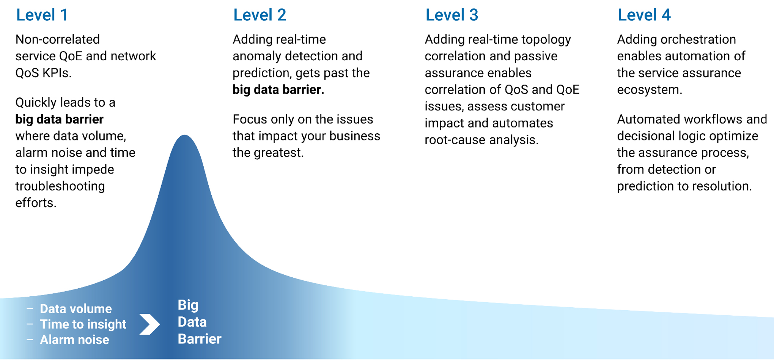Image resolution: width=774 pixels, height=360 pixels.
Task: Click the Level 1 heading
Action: (x=42, y=15)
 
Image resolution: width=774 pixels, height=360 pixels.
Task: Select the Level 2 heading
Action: (x=260, y=15)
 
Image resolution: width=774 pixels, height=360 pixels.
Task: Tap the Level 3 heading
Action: (x=451, y=15)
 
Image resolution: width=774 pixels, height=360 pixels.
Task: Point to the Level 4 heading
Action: (x=644, y=15)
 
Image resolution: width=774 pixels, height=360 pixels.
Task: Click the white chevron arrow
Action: (x=150, y=324)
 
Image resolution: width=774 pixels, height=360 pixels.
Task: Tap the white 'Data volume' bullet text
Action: (x=76, y=309)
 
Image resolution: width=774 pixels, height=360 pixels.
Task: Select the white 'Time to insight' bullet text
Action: (x=83, y=324)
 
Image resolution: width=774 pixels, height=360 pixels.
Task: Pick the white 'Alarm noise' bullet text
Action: (x=74, y=340)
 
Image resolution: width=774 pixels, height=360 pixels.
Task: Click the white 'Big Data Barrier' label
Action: (x=200, y=322)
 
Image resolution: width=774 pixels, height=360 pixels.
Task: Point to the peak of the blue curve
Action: (x=184, y=135)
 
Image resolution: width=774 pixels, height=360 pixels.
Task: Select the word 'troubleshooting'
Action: (x=60, y=186)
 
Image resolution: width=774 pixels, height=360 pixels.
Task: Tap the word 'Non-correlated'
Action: (x=58, y=39)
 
